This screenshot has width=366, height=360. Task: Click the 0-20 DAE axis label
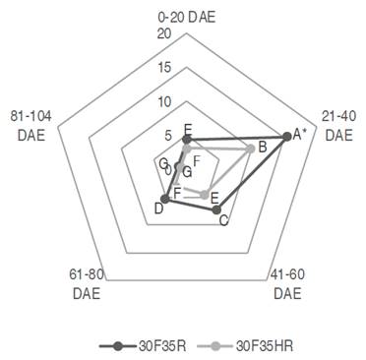click(x=187, y=17)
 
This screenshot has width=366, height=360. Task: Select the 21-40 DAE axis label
click(x=338, y=126)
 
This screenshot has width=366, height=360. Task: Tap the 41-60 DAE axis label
click(x=287, y=284)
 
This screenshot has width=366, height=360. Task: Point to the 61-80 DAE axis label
click(x=87, y=284)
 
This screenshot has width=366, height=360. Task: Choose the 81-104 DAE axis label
click(x=30, y=126)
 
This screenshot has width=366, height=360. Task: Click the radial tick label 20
click(x=164, y=33)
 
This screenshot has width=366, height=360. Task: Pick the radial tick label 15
click(x=164, y=68)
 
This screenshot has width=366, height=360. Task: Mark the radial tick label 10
click(x=164, y=102)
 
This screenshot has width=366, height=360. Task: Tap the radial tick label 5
click(x=168, y=136)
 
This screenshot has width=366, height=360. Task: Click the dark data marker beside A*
click(x=287, y=137)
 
